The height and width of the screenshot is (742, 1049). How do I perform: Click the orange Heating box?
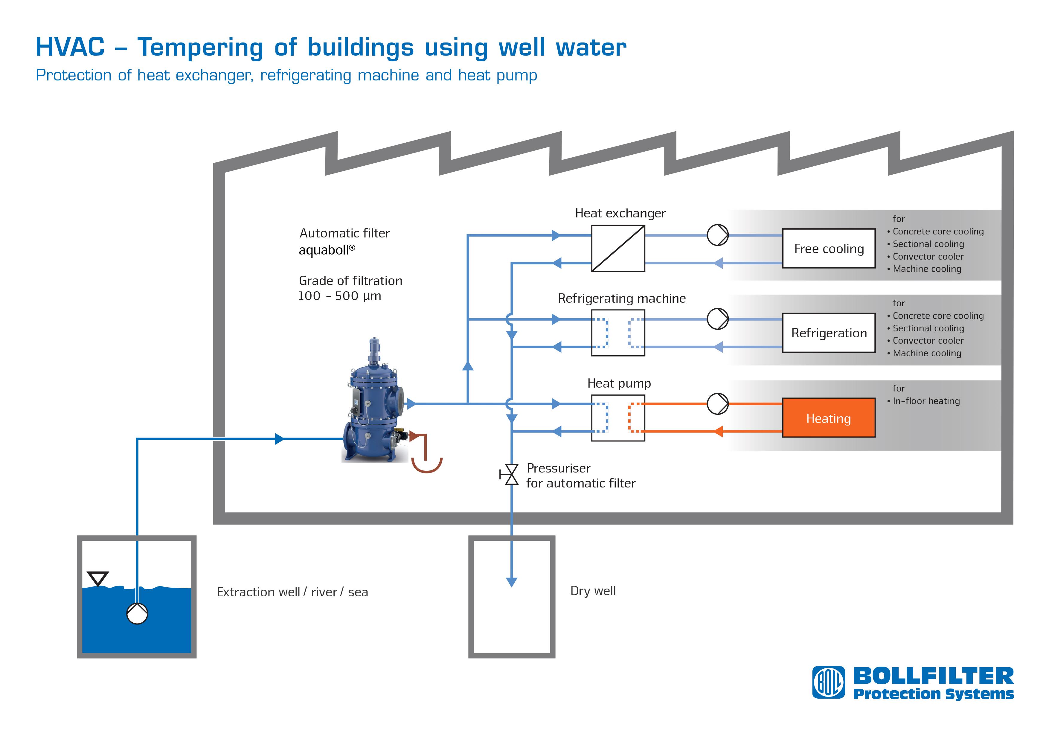pyautogui.click(x=828, y=418)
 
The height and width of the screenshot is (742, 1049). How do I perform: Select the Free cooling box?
pyautogui.click(x=828, y=248)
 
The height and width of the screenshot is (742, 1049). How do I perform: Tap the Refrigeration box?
pyautogui.click(x=828, y=333)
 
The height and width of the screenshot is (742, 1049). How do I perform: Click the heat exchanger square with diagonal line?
pyautogui.click(x=618, y=249)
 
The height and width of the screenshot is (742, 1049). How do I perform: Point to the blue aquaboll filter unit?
pyautogui.click(x=374, y=401)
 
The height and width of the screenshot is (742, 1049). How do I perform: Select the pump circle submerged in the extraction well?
pyautogui.click(x=137, y=613)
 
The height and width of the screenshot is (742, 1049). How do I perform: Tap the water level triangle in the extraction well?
pyautogui.click(x=97, y=578)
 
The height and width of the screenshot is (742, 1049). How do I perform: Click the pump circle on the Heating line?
pyautogui.click(x=717, y=403)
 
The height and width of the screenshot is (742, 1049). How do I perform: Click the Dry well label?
pyautogui.click(x=593, y=591)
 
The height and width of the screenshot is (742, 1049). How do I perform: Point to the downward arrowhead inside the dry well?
pyautogui.click(x=512, y=582)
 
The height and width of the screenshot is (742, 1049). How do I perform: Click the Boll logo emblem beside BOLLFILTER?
pyautogui.click(x=828, y=682)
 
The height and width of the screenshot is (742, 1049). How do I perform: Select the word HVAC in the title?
pyautogui.click(x=70, y=47)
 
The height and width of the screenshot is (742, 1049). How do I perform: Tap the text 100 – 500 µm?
pyautogui.click(x=339, y=296)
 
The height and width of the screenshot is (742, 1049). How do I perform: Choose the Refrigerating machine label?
pyautogui.click(x=622, y=298)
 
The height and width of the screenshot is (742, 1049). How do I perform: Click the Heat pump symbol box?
pyautogui.click(x=618, y=418)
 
